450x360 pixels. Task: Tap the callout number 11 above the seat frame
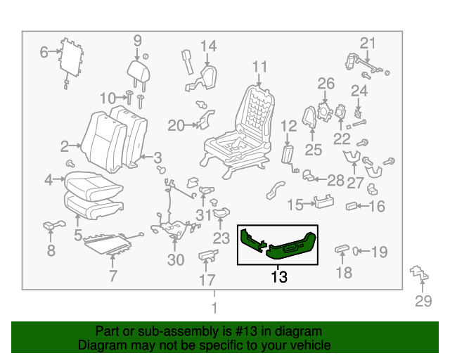click(x=260, y=67)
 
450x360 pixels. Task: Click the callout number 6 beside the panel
click(x=44, y=51)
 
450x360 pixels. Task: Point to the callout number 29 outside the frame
click(x=422, y=302)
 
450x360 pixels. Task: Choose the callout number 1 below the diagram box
click(x=214, y=308)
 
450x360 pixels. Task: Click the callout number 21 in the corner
click(x=369, y=42)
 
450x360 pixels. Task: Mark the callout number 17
click(x=207, y=281)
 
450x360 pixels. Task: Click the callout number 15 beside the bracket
click(x=295, y=205)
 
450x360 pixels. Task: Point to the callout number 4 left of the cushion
click(x=49, y=180)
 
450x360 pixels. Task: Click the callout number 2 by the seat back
click(x=65, y=146)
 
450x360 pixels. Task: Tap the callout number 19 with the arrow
click(x=379, y=251)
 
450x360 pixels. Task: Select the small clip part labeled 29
click(x=418, y=273)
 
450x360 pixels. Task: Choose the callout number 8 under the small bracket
click(x=51, y=250)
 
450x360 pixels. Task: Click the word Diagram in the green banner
click(x=101, y=345)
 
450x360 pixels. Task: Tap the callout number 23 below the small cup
click(x=221, y=238)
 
